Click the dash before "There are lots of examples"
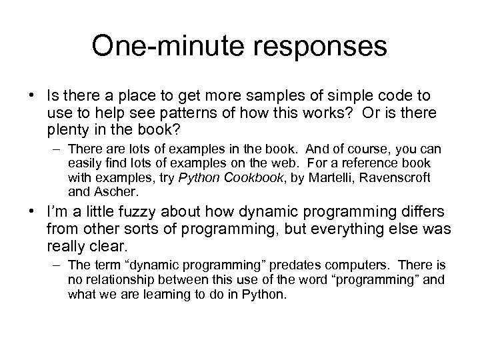[57, 149]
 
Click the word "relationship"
[115, 280]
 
